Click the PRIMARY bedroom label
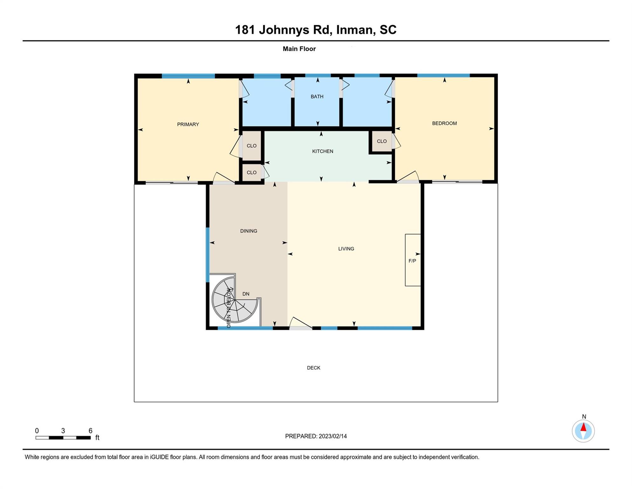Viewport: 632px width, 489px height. pyautogui.click(x=188, y=124)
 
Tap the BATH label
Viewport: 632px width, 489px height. pyautogui.click(x=317, y=96)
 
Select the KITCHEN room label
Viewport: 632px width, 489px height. pyautogui.click(x=323, y=151)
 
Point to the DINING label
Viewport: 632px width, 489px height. pyautogui.click(x=249, y=231)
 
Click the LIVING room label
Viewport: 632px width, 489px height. pyautogui.click(x=346, y=249)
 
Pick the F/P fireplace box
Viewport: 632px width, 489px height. pyautogui.click(x=413, y=260)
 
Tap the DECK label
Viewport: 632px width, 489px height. pyautogui.click(x=314, y=368)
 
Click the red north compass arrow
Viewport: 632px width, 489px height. pyautogui.click(x=583, y=427)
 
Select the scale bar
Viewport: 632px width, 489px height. pyautogui.click(x=63, y=438)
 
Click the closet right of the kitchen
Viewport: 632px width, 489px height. pyautogui.click(x=382, y=141)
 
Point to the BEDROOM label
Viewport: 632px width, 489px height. pyautogui.click(x=444, y=123)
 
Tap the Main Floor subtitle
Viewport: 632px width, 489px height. pyautogui.click(x=299, y=49)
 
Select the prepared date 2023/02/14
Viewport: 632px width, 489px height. pyautogui.click(x=333, y=436)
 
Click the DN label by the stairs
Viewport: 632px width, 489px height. pyautogui.click(x=246, y=294)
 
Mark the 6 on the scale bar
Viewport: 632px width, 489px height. pyautogui.click(x=91, y=431)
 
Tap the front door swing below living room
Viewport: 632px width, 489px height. pyautogui.click(x=301, y=322)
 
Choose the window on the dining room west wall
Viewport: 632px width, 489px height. pyautogui.click(x=208, y=255)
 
